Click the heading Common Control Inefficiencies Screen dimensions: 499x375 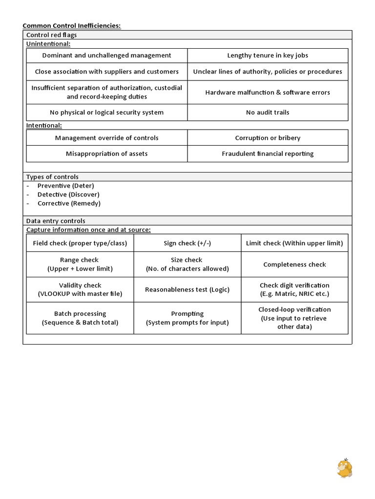pos(71,25)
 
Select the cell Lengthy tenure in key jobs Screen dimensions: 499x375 pos(268,56)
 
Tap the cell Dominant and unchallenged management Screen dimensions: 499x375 pos(106,56)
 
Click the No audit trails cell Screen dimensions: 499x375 pos(268,113)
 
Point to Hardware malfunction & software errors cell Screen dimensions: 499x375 pos(268,92)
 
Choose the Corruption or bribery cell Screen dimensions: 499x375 pos(268,138)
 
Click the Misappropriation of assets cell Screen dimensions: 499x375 pos(106,154)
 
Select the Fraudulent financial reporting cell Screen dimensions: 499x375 pos(268,154)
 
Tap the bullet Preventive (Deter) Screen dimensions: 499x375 pos(65,186)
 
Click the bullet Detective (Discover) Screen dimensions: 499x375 pos(68,194)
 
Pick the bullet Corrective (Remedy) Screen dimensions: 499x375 pos(69,203)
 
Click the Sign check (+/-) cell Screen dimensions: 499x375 pos(187,243)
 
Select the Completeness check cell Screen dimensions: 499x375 pos(294,265)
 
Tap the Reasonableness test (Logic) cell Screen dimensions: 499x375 pos(187,289)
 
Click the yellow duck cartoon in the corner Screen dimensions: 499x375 pos(344,468)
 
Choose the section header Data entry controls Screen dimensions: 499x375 pos(56,221)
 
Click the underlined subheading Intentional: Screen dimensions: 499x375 pos(43,126)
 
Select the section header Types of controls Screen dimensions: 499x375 pos(52,177)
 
